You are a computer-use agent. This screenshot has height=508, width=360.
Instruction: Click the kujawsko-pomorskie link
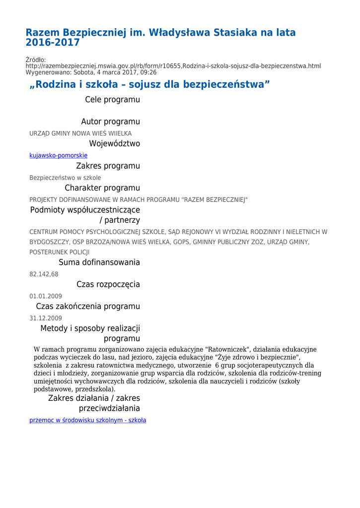pyautogui.click(x=58, y=155)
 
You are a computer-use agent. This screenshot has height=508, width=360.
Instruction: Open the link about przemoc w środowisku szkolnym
pyautogui.click(x=87, y=420)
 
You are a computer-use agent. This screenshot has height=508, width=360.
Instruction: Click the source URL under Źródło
pyautogui.click(x=173, y=66)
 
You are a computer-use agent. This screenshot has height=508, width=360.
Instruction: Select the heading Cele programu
pyautogui.click(x=112, y=100)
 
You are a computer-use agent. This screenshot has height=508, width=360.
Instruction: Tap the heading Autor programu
pyautogui.click(x=110, y=122)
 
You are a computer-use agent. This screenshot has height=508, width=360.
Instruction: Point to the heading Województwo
pyautogui.click(x=114, y=144)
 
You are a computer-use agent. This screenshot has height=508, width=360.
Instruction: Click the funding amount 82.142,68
pyautogui.click(x=44, y=274)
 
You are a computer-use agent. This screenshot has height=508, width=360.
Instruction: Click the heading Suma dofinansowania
pyautogui.click(x=99, y=262)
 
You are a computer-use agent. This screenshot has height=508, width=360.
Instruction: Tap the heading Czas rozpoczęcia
pyautogui.click(x=108, y=284)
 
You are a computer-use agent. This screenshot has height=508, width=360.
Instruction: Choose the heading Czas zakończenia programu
pyautogui.click(x=88, y=307)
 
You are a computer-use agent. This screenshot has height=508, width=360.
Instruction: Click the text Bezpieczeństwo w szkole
pyautogui.click(x=65, y=178)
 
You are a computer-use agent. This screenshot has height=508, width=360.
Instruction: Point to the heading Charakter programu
pyautogui.click(x=102, y=188)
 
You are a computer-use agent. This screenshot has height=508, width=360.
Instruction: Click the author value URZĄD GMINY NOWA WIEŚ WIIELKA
pyautogui.click(x=80, y=133)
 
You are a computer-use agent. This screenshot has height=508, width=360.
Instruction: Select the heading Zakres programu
pyautogui.click(x=108, y=166)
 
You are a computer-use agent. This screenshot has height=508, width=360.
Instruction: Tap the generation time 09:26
pyautogui.click(x=147, y=72)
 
